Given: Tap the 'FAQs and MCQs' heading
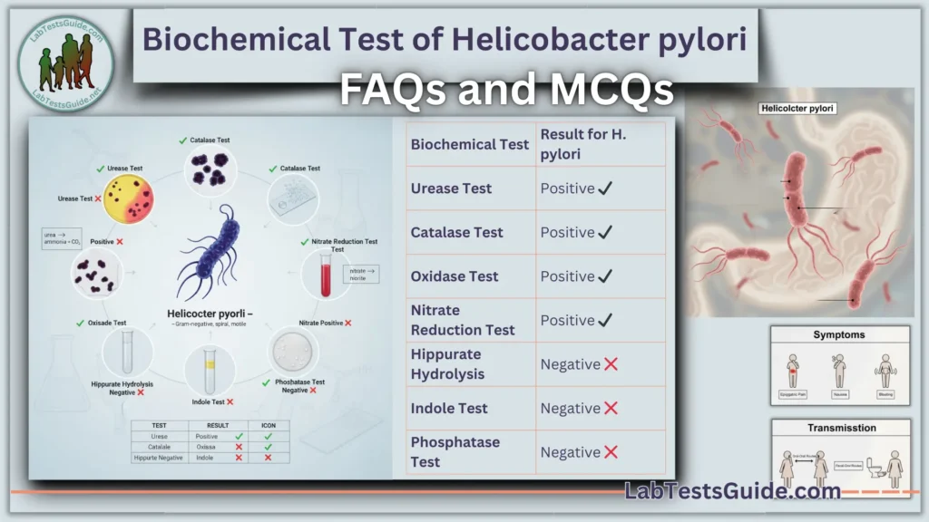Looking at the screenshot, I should pos(506,90).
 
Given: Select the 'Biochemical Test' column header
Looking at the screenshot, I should pos(469,144).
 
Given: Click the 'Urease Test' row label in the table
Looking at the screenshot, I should pos(451,188).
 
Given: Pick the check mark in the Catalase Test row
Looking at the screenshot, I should pos(605,232).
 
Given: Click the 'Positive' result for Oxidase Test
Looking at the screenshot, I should pos(567,276).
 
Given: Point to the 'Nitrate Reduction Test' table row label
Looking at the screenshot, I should pos(462,320).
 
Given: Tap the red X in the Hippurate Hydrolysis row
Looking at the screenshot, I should pos(611,364).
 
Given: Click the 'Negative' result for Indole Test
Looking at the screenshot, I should pos(570,409).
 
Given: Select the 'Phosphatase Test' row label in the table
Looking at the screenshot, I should pos(455,451).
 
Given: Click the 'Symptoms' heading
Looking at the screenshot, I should pos(838,334).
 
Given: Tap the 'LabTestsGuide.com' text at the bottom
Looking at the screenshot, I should pos(732,491).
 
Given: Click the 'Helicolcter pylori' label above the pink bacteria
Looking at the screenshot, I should pos(797,109).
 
